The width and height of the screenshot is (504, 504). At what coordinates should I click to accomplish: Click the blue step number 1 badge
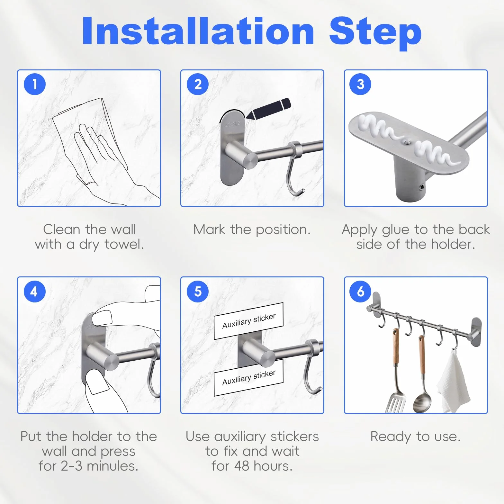pos(35,84)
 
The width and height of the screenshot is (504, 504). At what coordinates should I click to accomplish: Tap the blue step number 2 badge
pos(198,84)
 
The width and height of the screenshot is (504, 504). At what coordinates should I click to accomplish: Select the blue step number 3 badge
pos(360,84)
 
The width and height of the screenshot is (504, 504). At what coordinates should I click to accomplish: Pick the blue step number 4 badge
pos(35,292)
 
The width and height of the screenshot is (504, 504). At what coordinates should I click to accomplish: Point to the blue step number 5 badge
pos(198,292)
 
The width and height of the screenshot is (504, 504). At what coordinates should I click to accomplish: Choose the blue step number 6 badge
pos(360,292)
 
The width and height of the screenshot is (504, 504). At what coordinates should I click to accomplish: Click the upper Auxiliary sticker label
pos(249,321)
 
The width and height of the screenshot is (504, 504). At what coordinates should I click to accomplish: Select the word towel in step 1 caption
pos(124,244)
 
